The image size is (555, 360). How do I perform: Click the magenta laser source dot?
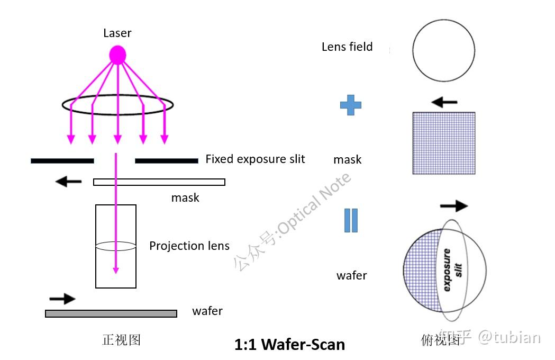(x=117, y=55)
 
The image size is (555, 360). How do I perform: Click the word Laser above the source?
(x=117, y=33)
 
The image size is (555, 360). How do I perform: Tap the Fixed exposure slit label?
(x=255, y=159)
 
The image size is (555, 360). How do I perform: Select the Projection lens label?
(x=189, y=246)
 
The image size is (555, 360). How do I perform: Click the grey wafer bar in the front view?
(x=111, y=313)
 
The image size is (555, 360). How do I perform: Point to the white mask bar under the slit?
(x=159, y=182)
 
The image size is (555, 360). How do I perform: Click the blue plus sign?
(x=350, y=105)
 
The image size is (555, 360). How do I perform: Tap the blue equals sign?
(x=351, y=221)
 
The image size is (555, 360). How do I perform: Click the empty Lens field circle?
(x=443, y=50)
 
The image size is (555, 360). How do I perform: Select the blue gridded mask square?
(x=443, y=143)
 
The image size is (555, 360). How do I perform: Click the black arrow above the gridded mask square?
(x=444, y=102)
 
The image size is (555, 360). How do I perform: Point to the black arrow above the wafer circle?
(x=453, y=205)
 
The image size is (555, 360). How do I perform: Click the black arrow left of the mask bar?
(x=69, y=182)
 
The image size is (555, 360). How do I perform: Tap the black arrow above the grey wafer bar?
(x=62, y=299)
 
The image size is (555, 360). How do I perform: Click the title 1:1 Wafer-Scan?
(x=289, y=345)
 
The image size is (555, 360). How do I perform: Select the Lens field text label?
(x=347, y=47)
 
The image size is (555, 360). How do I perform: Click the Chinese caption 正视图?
(x=121, y=339)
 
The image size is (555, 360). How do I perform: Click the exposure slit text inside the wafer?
(x=452, y=269)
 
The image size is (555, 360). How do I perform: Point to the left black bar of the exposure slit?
(x=62, y=160)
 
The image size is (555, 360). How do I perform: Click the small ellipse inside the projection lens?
(x=115, y=246)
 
